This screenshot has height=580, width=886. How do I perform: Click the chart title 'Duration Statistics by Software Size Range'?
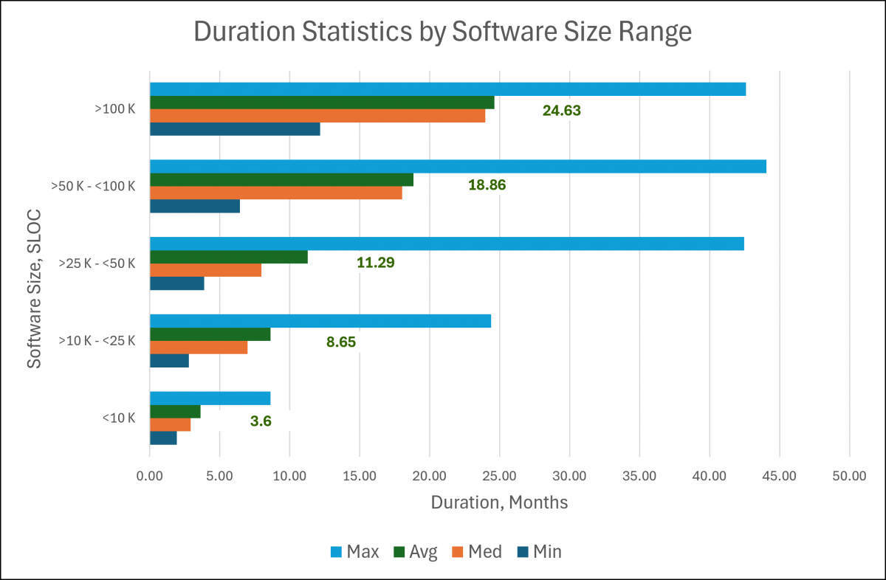(442, 33)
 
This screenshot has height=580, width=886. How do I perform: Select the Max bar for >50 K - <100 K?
(458, 166)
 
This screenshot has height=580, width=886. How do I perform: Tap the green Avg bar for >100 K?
(322, 103)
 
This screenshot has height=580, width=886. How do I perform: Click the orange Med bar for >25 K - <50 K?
(205, 270)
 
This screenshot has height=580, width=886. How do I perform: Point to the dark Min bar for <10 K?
(163, 438)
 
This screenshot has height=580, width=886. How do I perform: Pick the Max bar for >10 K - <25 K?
(320, 321)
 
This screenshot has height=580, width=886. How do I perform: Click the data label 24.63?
(562, 111)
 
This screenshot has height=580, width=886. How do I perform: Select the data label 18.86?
(487, 185)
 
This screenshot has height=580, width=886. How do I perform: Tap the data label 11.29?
(376, 263)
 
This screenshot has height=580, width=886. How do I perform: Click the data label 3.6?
(261, 421)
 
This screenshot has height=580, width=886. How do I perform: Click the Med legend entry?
(475, 552)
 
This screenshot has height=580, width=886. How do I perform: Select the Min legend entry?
(540, 552)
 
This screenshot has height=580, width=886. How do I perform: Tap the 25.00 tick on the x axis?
(499, 477)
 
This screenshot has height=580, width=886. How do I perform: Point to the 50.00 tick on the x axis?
(849, 477)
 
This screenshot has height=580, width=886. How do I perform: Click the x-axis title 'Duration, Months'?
(499, 503)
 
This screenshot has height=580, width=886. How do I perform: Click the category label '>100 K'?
(114, 109)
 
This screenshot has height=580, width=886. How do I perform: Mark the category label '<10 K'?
(119, 418)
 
